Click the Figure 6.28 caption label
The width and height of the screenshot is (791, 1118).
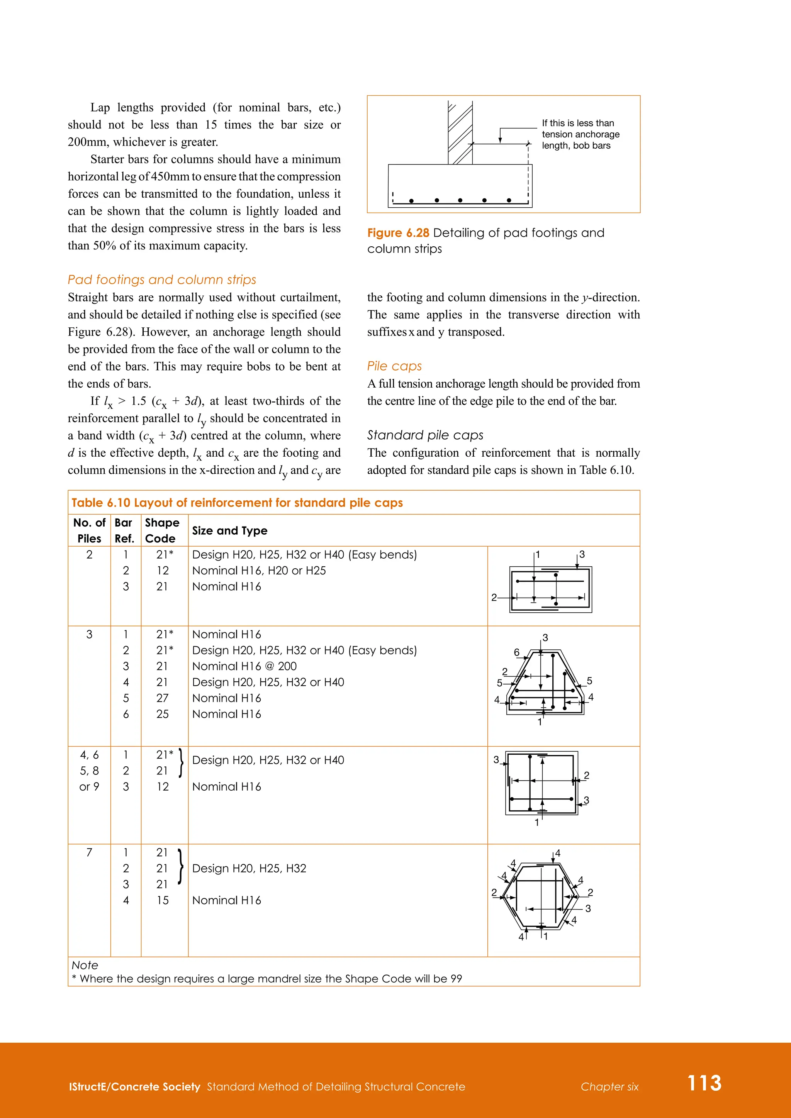coord(398,233)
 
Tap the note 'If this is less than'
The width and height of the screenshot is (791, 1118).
coord(578,123)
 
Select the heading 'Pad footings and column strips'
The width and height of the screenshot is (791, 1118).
coord(162,279)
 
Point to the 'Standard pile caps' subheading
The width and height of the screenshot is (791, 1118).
coord(425,435)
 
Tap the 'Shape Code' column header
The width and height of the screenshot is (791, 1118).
coord(162,530)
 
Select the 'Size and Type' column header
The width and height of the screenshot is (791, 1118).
coord(229,531)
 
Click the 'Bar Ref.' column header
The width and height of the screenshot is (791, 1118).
coord(124,530)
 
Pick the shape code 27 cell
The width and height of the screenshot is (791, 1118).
coord(162,698)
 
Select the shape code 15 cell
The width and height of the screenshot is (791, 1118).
coord(162,900)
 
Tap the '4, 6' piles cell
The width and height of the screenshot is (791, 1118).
coord(89,755)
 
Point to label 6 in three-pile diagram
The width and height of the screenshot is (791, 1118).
coord(516,652)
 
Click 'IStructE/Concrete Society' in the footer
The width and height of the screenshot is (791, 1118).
coord(134,1087)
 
